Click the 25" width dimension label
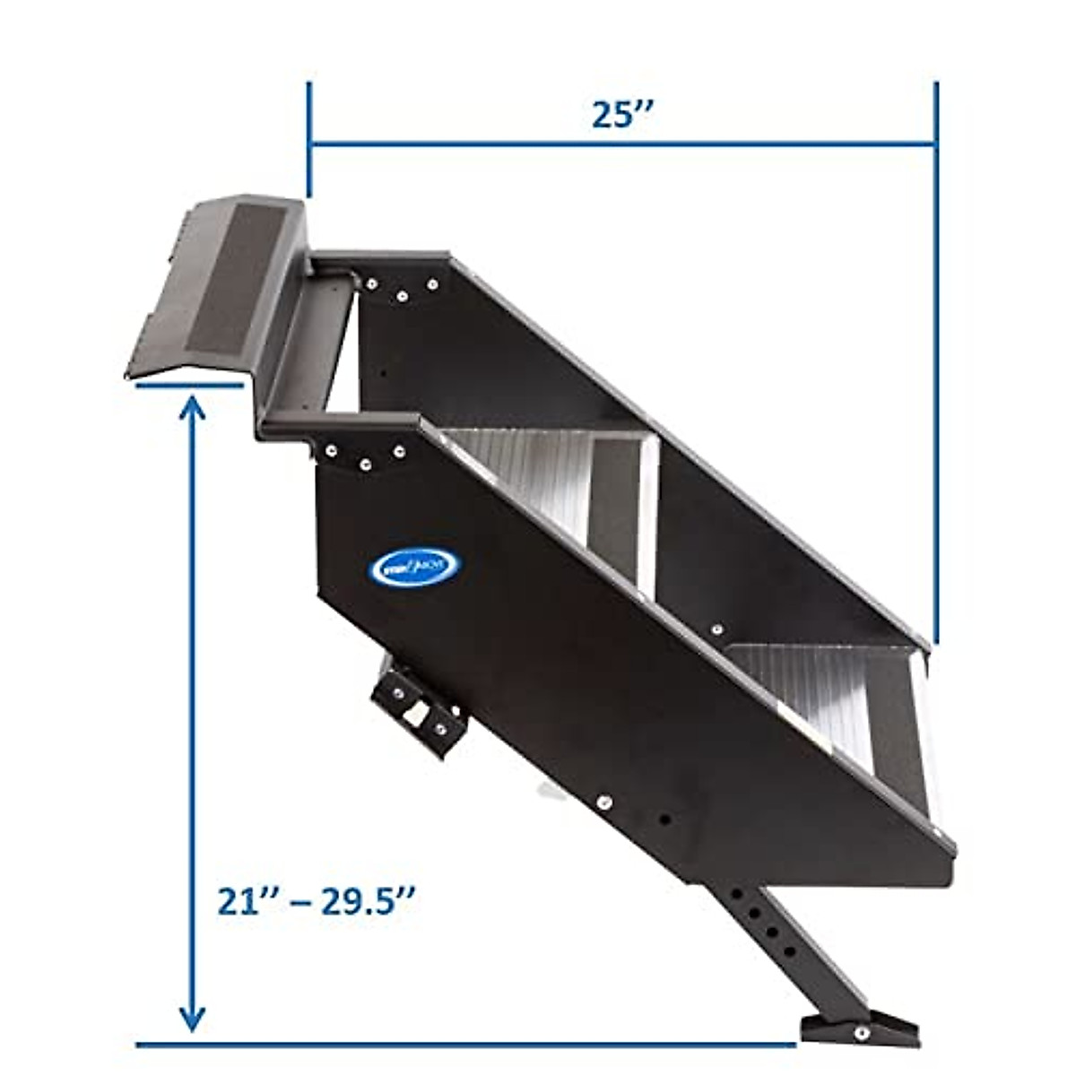coord(625,115)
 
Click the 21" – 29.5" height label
coord(317,900)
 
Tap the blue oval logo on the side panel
coord(414,567)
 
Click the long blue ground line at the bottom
coord(466,1045)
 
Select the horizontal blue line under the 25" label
coord(622,143)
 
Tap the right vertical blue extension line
coord(936,359)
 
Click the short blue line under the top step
coord(190,386)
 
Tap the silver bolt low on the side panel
coord(603,802)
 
